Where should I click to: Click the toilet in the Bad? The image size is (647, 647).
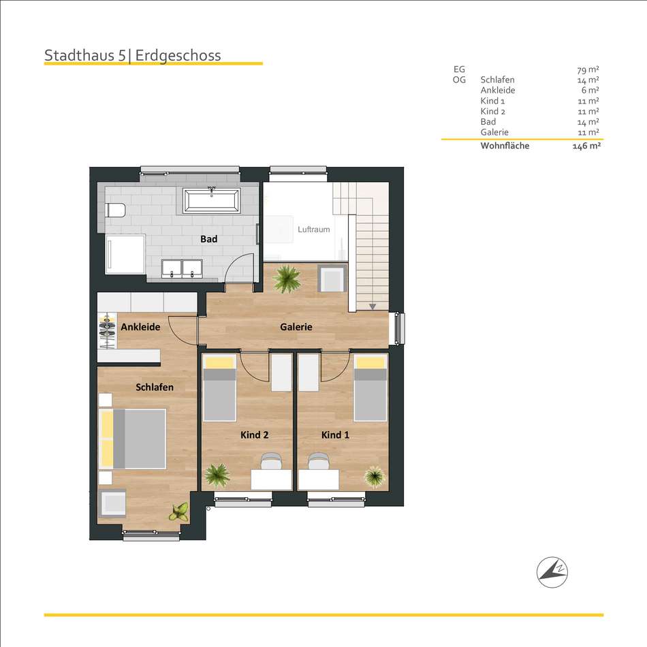pyautogui.click(x=116, y=210)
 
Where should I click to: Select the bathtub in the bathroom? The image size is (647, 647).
pyautogui.click(x=212, y=200)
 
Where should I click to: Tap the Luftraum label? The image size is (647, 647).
pyautogui.click(x=314, y=230)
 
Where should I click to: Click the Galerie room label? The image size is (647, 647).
pyautogui.click(x=296, y=327)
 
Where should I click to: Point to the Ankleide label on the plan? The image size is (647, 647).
pyautogui.click(x=140, y=327)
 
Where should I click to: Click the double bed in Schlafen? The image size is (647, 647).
pyautogui.click(x=132, y=439)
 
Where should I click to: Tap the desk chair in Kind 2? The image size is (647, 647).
pyautogui.click(x=271, y=460)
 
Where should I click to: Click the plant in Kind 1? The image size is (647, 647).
pyautogui.click(x=375, y=477)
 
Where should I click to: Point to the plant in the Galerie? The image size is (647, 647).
pyautogui.click(x=287, y=279)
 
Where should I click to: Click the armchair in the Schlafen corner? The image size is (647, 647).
pyautogui.click(x=112, y=503)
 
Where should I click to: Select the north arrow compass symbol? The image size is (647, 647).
pyautogui.click(x=552, y=572)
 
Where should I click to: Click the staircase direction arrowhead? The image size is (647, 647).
pyautogui.click(x=373, y=306)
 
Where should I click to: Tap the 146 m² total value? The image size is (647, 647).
pyautogui.click(x=586, y=146)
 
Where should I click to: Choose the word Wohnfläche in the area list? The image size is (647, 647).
pyautogui.click(x=505, y=146)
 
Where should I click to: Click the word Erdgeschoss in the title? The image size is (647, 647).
pyautogui.click(x=178, y=55)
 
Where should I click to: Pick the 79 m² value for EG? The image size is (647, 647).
pyautogui.click(x=588, y=69)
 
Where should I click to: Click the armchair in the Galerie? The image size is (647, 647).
pyautogui.click(x=332, y=279)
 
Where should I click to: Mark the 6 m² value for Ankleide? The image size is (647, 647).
pyautogui.click(x=590, y=90)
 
